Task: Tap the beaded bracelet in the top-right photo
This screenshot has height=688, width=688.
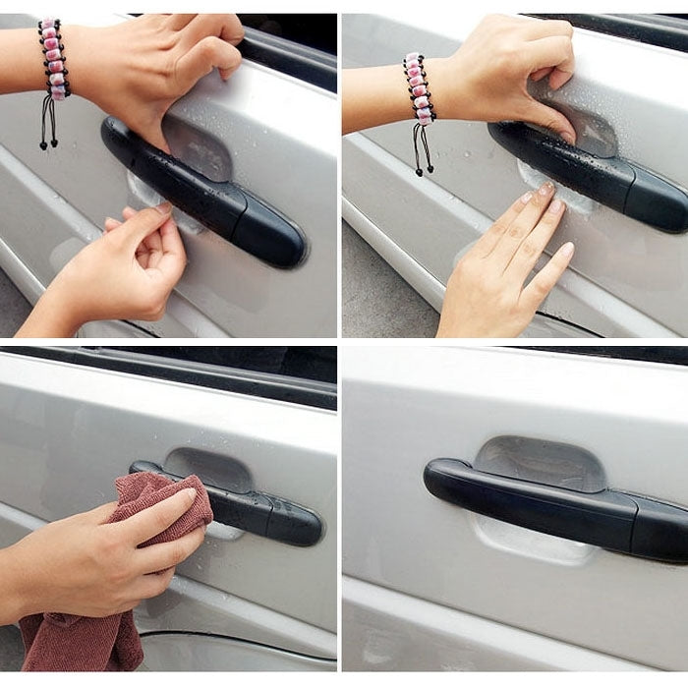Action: click(x=419, y=87)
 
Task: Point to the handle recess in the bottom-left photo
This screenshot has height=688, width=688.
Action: click(x=211, y=468)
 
